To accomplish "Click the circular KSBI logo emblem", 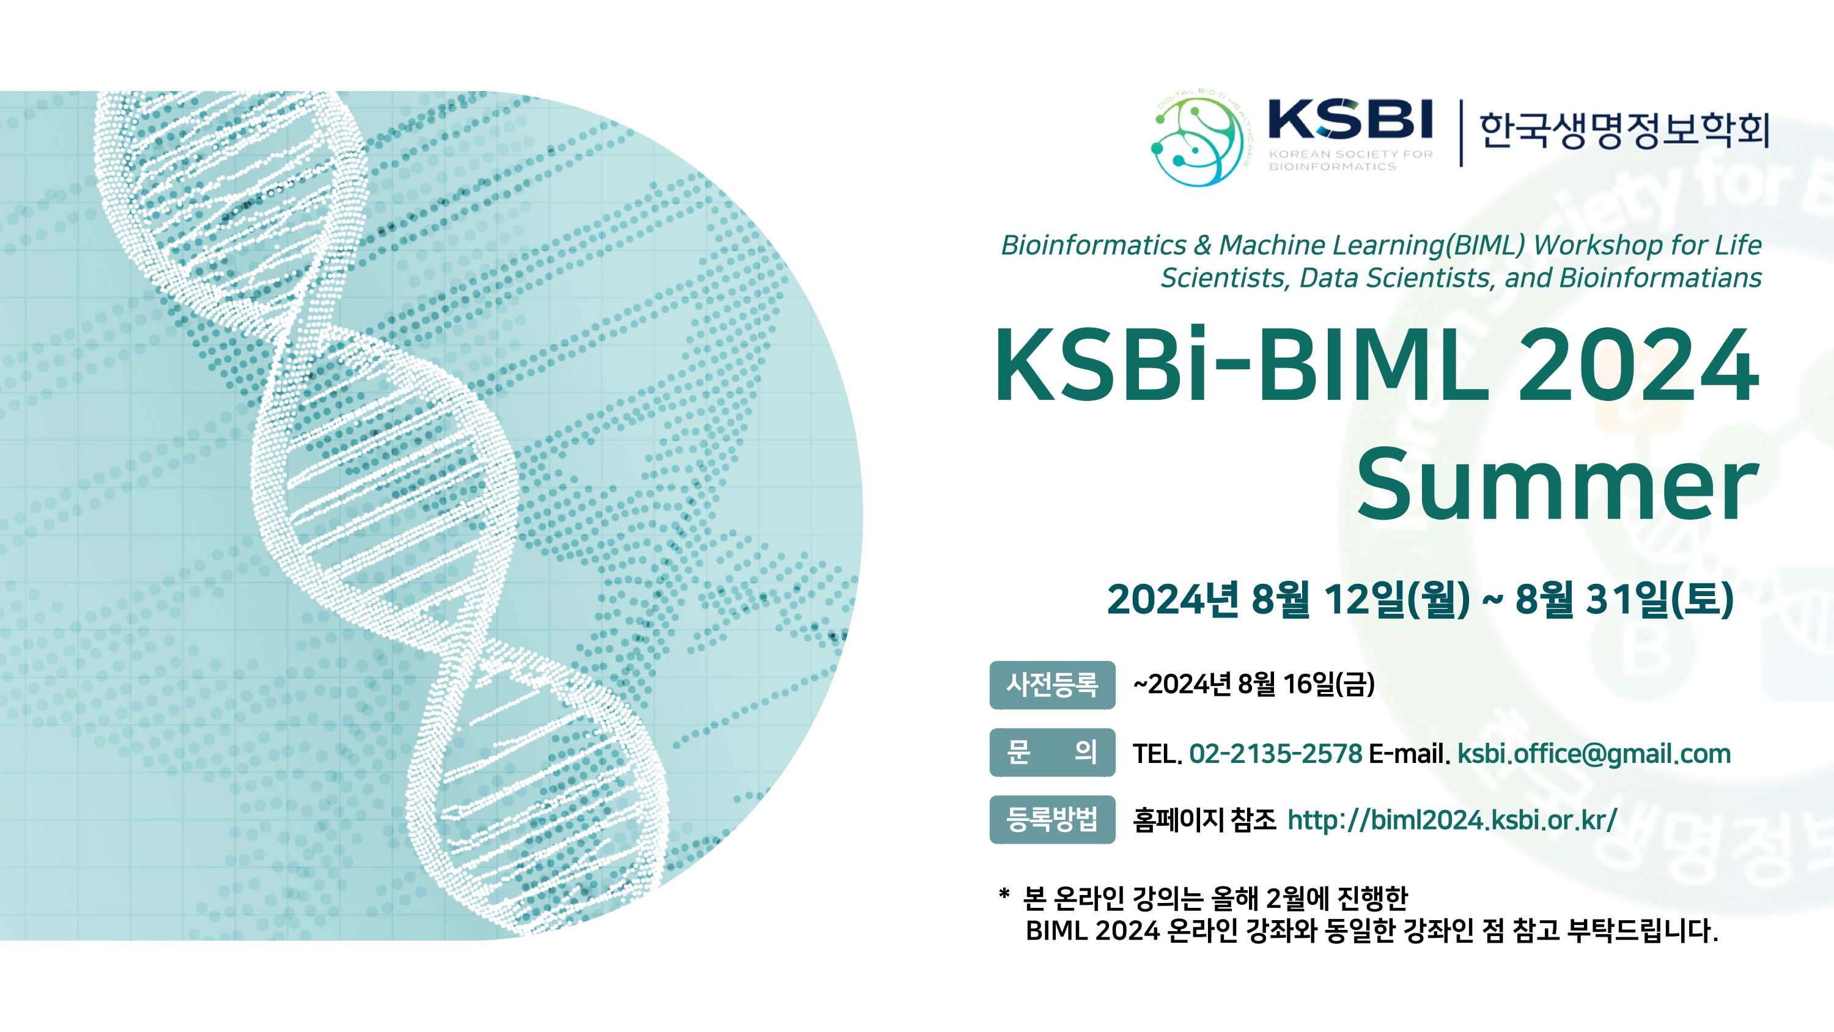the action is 1198,140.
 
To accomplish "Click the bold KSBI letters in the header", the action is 1350,119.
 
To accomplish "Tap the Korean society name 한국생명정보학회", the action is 1624,130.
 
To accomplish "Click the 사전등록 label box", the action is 1052,685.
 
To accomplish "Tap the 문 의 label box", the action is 1052,752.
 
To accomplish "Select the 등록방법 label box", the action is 1052,819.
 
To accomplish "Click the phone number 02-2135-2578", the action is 1276,754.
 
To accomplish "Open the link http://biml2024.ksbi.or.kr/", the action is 1453,820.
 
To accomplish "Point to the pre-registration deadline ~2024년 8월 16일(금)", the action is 1254,685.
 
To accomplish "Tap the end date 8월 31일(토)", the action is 1625,599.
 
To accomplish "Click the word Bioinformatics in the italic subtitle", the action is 1094,245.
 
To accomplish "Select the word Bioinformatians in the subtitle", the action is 1660,278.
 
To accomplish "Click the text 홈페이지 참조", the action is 1204,820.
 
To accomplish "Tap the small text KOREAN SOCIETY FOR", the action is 1350,154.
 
